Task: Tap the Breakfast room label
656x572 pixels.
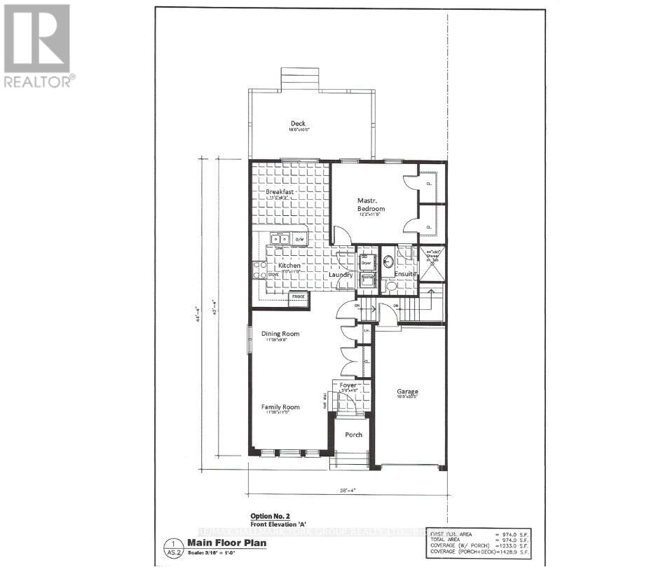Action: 279,191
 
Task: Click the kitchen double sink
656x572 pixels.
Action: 280,239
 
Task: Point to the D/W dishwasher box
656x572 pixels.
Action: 299,240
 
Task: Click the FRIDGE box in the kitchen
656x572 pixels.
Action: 299,297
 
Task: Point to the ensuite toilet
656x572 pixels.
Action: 392,286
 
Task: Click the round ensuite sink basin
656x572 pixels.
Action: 388,261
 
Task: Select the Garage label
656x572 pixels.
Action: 407,392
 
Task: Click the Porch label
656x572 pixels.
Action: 353,435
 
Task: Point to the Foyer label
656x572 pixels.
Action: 348,385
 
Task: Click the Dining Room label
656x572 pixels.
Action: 280,334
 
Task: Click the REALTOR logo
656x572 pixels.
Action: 37,46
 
